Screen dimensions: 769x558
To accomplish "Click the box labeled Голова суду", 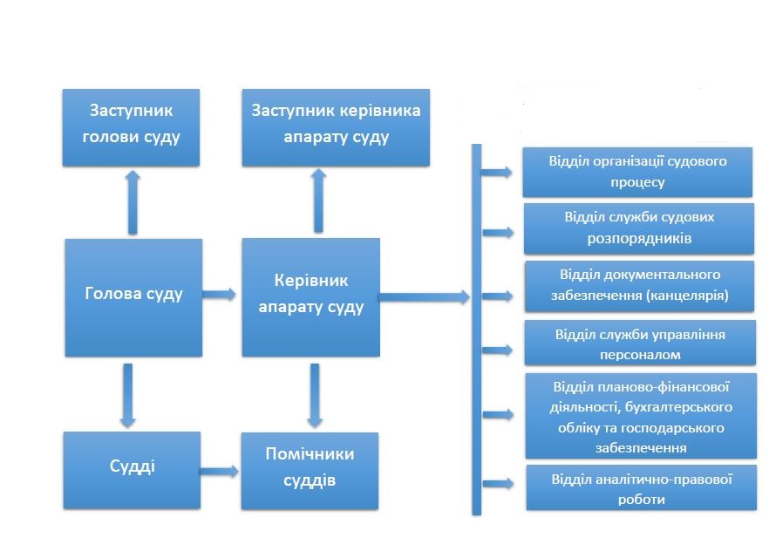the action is pyautogui.click(x=133, y=297).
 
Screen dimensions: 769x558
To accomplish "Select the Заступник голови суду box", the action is pyautogui.click(x=131, y=127).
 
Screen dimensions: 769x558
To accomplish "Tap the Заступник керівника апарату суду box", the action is pyautogui.click(x=336, y=127).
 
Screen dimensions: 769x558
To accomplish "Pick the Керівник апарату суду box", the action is pyautogui.click(x=311, y=297).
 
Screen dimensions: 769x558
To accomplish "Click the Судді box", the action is pyautogui.click(x=132, y=470).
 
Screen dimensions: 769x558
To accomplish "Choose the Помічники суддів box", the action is pyautogui.click(x=310, y=471).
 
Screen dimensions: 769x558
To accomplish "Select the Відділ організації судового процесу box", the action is pyautogui.click(x=637, y=172).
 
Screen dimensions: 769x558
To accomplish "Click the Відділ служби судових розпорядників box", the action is pyautogui.click(x=639, y=228).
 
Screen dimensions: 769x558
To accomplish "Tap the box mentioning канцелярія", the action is pyautogui.click(x=640, y=286).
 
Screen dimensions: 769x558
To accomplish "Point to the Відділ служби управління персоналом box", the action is pyautogui.click(x=640, y=343).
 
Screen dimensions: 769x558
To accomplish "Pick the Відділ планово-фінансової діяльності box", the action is pyautogui.click(x=641, y=416).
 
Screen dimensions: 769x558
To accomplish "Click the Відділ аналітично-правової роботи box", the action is pyautogui.click(x=642, y=488).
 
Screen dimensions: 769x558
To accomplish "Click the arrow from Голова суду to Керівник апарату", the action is pyautogui.click(x=219, y=294).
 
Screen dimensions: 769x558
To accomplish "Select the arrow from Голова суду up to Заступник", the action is pyautogui.click(x=133, y=202).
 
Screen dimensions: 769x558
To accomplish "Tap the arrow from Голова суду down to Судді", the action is pyautogui.click(x=128, y=395).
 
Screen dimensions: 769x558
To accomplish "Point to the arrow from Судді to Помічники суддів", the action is pyautogui.click(x=219, y=471).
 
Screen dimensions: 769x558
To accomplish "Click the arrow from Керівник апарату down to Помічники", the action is pyautogui.click(x=315, y=395).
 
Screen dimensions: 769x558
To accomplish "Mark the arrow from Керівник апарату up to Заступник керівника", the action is pyautogui.click(x=318, y=201).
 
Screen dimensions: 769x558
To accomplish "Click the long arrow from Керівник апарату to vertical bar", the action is pyautogui.click(x=425, y=296).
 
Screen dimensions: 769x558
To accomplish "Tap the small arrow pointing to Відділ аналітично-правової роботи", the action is pyautogui.click(x=499, y=484).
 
